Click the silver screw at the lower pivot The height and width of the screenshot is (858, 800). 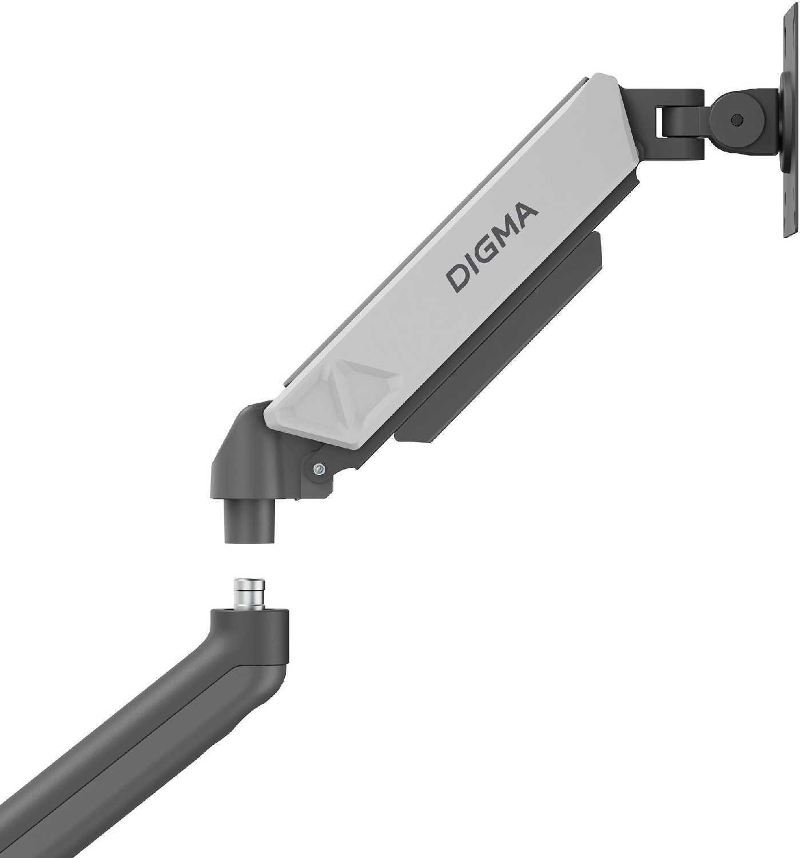(x=319, y=468)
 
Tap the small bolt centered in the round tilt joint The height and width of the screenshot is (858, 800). (x=737, y=121)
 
